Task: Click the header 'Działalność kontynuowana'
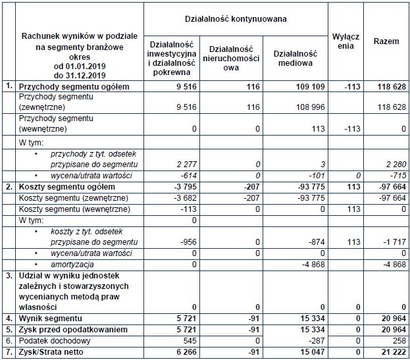pyautogui.click(x=235, y=19)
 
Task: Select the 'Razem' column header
pyautogui.click(x=386, y=41)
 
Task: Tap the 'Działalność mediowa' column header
pyautogui.click(x=295, y=57)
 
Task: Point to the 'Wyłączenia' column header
pyautogui.click(x=346, y=41)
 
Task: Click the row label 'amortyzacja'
pyautogui.click(x=71, y=263)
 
